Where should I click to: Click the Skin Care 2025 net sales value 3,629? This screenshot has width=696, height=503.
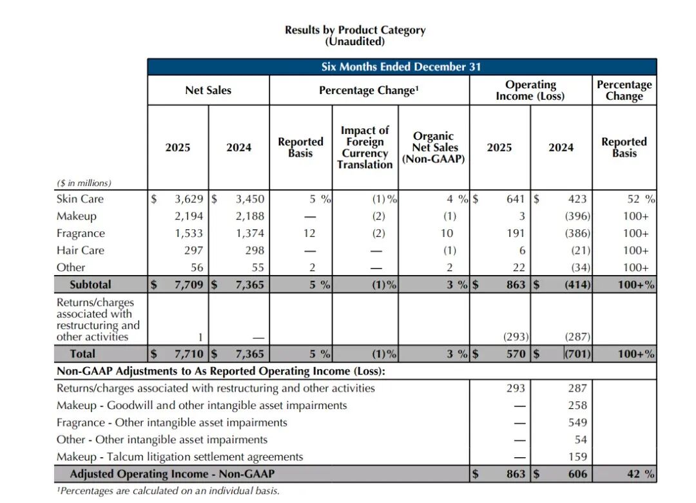click(189, 199)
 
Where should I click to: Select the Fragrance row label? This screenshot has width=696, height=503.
click(81, 233)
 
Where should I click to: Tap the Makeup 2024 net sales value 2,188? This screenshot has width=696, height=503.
click(250, 216)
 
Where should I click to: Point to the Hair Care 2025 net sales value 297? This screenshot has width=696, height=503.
click(193, 250)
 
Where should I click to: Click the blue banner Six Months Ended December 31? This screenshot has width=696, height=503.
click(401, 66)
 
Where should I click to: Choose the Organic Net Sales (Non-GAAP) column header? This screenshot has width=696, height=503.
click(433, 147)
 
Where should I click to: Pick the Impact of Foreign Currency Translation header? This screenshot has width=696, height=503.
click(365, 147)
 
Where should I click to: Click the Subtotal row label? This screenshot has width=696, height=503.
click(90, 284)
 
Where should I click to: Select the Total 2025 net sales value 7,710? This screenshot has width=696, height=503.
click(189, 354)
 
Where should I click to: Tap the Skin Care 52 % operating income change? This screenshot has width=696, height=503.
click(641, 199)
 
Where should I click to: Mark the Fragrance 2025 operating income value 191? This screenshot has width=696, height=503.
click(516, 233)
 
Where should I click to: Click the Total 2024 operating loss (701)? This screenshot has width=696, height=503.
click(577, 354)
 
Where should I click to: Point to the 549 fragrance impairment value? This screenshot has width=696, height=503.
click(577, 422)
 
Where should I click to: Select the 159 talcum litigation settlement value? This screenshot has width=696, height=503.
click(577, 457)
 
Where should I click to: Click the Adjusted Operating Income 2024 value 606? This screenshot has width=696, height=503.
click(577, 474)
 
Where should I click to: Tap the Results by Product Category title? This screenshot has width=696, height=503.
click(355, 30)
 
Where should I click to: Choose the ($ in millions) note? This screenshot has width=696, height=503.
click(84, 183)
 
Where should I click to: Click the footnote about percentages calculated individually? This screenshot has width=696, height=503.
click(168, 491)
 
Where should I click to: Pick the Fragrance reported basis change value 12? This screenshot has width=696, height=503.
click(309, 233)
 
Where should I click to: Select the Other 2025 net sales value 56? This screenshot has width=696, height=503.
click(197, 267)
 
